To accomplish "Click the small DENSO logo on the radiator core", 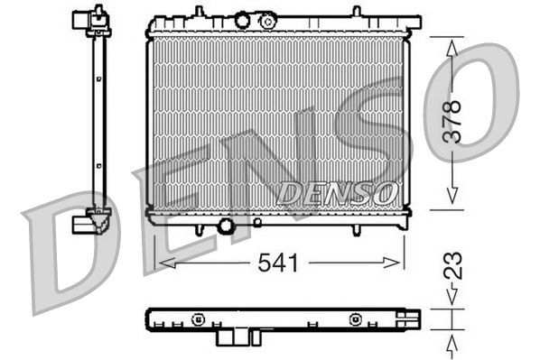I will click(x=336, y=192).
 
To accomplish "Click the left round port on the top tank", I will click(x=241, y=20).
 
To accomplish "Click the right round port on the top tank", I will click(x=266, y=21).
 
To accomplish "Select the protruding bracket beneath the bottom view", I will click(x=234, y=337).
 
